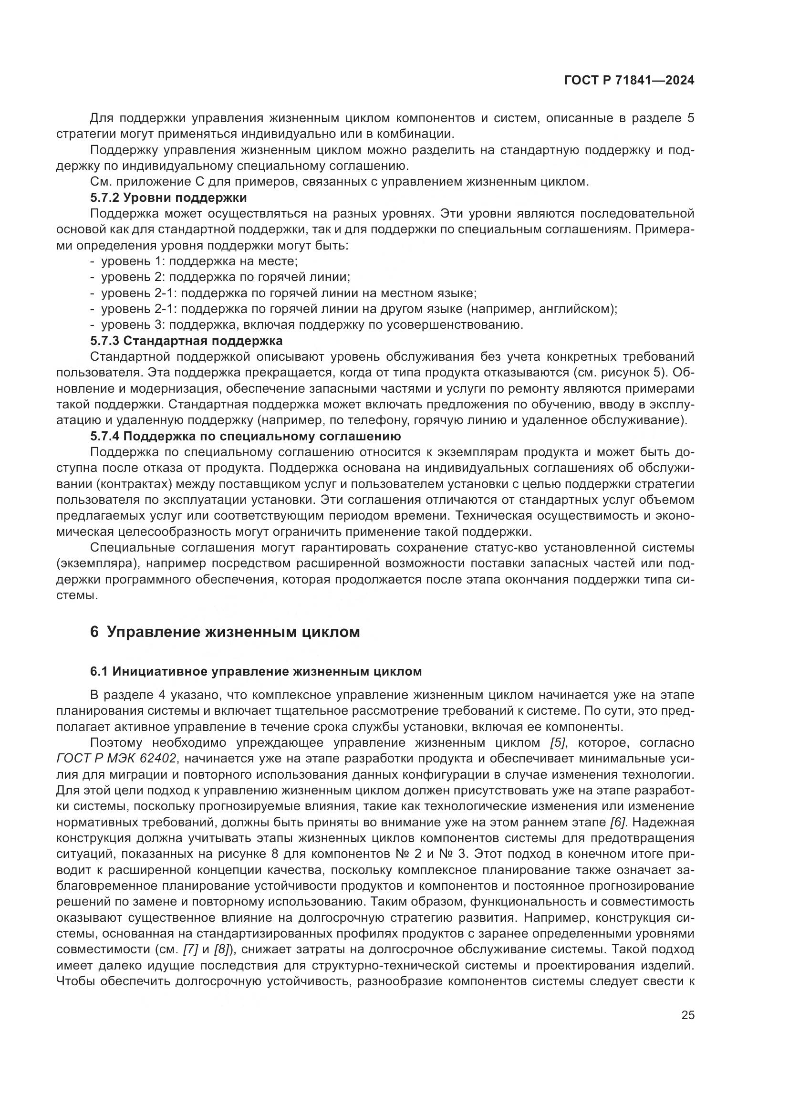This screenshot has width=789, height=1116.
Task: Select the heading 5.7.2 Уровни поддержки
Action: [x=168, y=198]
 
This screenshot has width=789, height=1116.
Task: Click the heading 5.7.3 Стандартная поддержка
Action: [x=186, y=340]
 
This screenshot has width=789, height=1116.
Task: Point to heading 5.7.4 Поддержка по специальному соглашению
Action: [x=245, y=436]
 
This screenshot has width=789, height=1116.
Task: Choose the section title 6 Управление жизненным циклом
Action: [x=225, y=632]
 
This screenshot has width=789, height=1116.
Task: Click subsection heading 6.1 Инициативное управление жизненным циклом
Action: [x=256, y=672]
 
